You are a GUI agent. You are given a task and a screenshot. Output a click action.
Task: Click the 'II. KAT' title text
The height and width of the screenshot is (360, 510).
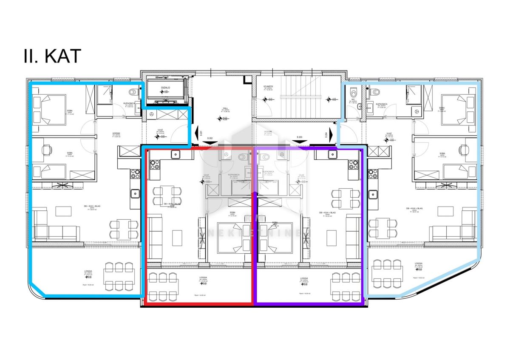[52, 56]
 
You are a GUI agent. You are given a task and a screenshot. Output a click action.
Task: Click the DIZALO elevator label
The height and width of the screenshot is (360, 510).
[165, 88]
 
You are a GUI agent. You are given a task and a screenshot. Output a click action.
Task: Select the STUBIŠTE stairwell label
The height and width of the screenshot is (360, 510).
[268, 86]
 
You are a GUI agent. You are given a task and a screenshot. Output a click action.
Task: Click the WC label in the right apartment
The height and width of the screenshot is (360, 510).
[352, 101]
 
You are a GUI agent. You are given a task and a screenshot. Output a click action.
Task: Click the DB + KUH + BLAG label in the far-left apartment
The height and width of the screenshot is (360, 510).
[92, 207]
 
